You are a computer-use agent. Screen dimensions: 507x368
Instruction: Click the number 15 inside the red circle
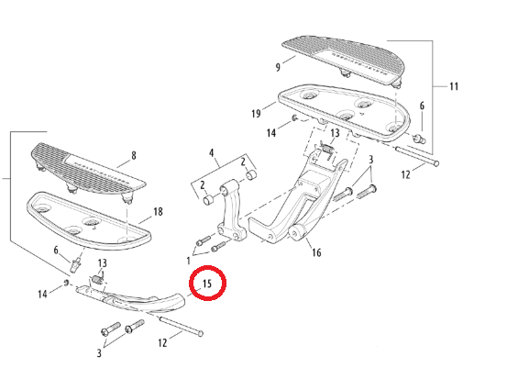(206, 284)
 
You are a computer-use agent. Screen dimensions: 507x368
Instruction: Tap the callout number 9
(278, 67)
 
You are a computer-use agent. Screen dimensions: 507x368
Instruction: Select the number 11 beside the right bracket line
(454, 86)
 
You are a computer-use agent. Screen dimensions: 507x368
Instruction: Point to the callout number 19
(256, 114)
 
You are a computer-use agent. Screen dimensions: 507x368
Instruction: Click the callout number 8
(134, 156)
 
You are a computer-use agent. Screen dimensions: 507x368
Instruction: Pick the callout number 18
(158, 212)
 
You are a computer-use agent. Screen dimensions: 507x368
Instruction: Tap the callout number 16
(316, 252)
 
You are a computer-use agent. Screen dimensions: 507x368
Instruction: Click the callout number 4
(212, 152)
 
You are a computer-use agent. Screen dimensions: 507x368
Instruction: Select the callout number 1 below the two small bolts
(188, 261)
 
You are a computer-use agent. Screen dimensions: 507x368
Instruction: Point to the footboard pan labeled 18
(89, 221)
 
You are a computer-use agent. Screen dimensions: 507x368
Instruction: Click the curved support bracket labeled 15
(136, 299)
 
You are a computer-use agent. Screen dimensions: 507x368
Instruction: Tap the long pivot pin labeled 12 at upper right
(417, 156)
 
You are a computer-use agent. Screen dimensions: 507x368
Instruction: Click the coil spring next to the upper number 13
(327, 150)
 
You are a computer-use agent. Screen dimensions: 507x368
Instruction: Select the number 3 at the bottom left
(99, 352)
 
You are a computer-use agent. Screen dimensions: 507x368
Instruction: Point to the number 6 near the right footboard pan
(422, 106)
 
